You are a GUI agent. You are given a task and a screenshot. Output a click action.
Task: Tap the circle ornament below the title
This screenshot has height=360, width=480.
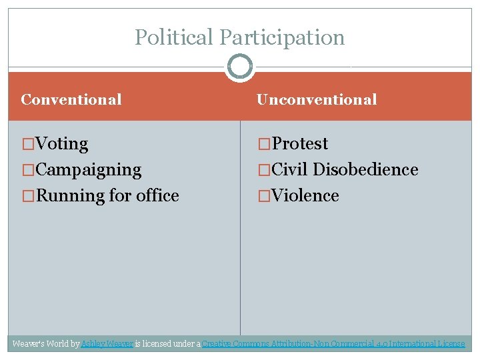(240, 67)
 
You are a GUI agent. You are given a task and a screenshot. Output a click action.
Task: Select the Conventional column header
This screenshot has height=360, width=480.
(71, 100)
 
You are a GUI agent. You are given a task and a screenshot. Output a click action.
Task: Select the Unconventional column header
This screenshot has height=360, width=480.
(317, 100)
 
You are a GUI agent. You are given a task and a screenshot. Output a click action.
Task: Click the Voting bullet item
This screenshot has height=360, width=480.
(61, 144)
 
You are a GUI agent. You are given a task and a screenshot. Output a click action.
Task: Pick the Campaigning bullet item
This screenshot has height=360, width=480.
(88, 170)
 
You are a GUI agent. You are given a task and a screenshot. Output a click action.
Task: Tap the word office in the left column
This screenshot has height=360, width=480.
(157, 196)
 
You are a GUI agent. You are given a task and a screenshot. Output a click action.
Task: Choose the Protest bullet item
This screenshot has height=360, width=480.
(300, 144)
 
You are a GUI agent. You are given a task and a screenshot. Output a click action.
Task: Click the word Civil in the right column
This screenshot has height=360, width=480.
(290, 170)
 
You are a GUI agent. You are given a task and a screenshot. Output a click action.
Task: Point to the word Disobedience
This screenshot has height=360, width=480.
(365, 170)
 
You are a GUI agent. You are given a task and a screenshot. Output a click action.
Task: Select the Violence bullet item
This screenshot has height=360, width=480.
(305, 196)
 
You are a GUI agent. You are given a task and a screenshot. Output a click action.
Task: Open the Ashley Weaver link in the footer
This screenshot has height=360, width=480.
(107, 344)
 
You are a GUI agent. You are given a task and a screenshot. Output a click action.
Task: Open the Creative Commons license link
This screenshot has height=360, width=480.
(333, 344)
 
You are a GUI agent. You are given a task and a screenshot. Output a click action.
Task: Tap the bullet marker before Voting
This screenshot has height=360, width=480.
(28, 144)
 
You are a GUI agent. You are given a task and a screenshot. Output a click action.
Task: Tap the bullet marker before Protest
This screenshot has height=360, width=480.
(264, 144)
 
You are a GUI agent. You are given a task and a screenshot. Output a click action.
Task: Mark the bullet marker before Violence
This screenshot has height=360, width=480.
(264, 196)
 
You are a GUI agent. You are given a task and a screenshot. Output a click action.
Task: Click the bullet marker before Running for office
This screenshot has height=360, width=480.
(28, 196)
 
